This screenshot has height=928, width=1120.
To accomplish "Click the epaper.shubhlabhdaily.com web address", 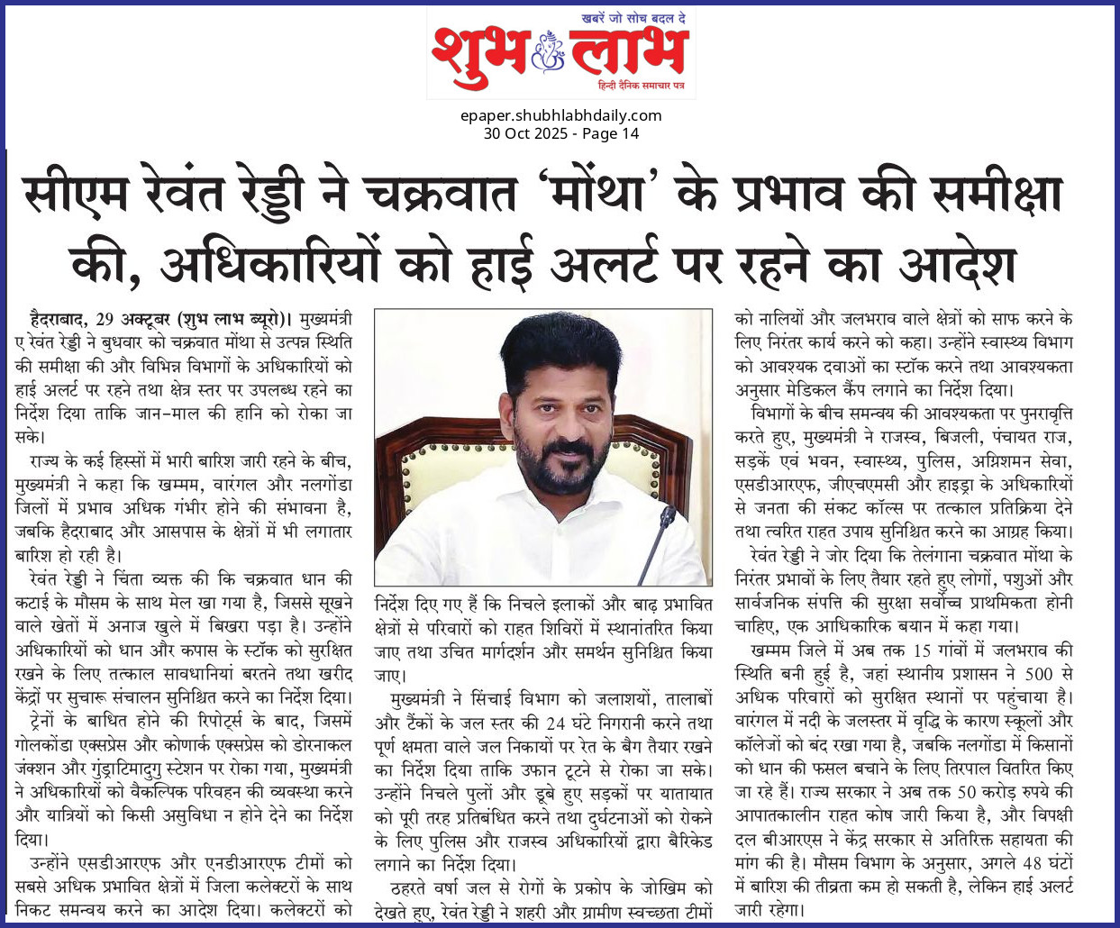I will coord(560,115).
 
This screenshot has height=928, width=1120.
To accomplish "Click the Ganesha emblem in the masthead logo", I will coord(547,52).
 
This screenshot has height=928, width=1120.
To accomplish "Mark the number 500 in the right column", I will coord(1038,673).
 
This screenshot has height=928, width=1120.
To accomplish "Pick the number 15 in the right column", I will coord(921,650).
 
